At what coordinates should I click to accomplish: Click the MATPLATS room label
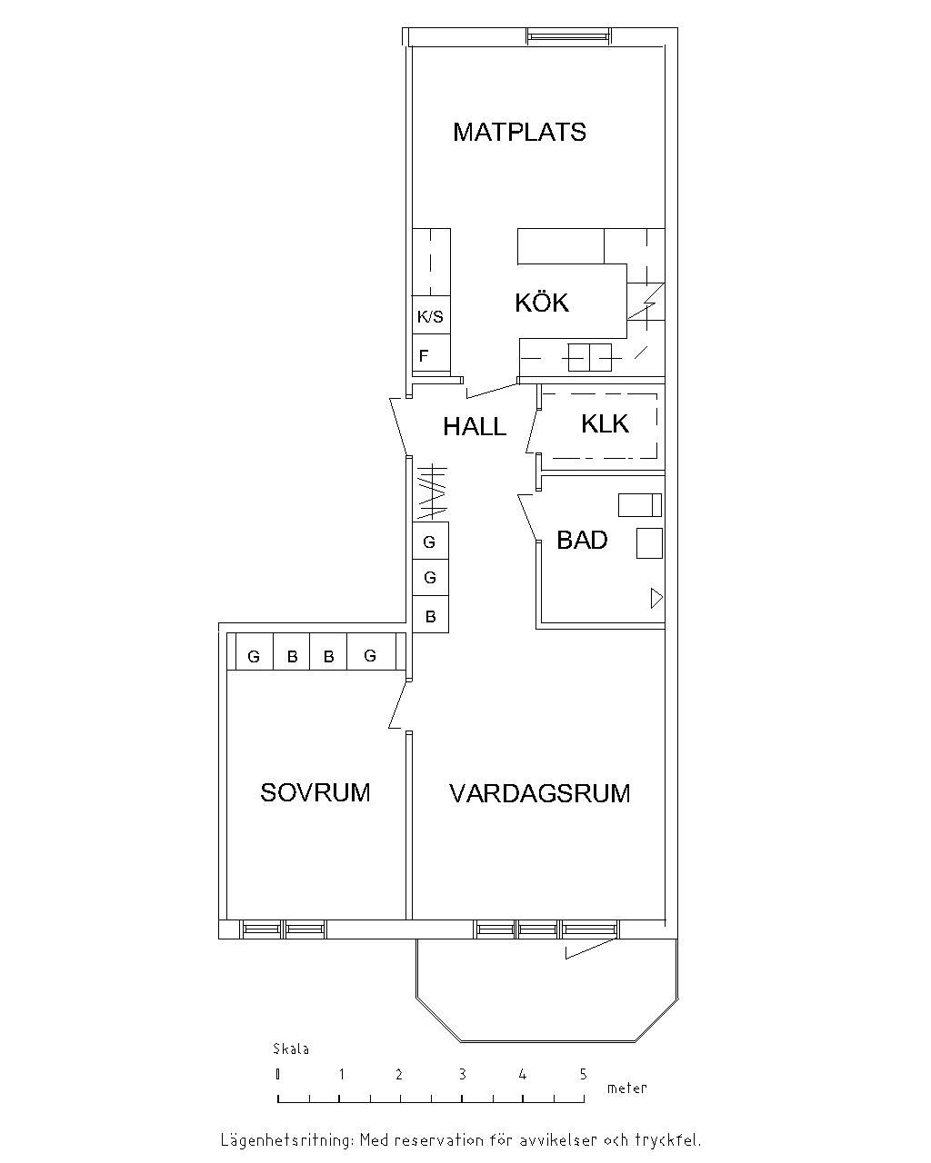coord(519,133)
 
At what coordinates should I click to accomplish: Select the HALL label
coord(475,427)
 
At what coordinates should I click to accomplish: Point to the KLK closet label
coord(605,424)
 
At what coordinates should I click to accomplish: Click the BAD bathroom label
coord(582,540)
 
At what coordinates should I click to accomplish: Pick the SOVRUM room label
coord(315,793)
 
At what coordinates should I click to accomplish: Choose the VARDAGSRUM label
coord(539,793)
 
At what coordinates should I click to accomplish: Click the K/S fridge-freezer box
coord(431,315)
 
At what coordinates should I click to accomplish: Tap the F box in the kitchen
coord(431,353)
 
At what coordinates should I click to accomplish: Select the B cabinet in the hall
coord(431,614)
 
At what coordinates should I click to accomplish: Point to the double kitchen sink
coord(590,357)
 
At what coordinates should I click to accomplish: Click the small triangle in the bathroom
coord(656,598)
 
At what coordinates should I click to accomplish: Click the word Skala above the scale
coord(291,1049)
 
